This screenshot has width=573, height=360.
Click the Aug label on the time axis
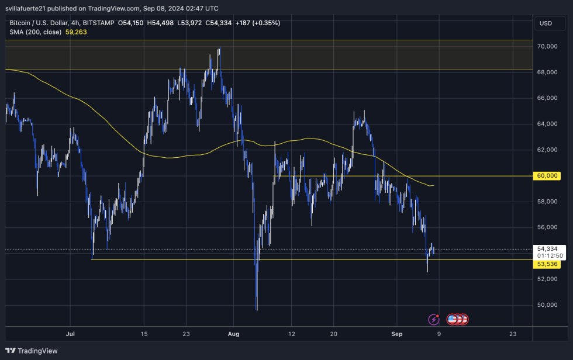click(x=234, y=334)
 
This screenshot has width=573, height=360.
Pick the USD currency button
click(x=546, y=23)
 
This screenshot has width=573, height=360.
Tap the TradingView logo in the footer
click(x=33, y=351)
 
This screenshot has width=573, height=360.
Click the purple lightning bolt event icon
click(x=434, y=319)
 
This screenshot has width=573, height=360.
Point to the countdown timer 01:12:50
click(x=550, y=256)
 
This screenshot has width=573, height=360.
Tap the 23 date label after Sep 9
click(x=513, y=334)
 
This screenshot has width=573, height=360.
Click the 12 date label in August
click(x=291, y=334)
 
